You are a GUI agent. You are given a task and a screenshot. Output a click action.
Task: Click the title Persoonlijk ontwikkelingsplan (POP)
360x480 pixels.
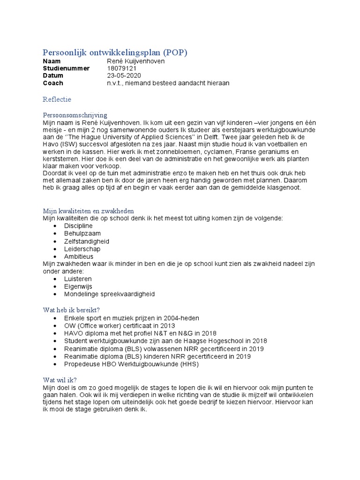(115, 52)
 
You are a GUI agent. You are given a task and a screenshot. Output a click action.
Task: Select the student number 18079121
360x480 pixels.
(122, 68)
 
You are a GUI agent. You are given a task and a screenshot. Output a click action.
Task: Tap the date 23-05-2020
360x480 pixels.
(124, 76)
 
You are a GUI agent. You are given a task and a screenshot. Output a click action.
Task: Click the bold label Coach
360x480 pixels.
(53, 83)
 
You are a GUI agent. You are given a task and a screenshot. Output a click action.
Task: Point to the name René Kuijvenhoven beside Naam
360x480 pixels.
(136, 61)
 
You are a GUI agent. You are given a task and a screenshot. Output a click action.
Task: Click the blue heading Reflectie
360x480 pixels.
(57, 99)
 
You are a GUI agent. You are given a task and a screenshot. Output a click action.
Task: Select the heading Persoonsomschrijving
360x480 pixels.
(75, 115)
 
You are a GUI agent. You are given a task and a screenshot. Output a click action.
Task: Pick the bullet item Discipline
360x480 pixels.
(78, 226)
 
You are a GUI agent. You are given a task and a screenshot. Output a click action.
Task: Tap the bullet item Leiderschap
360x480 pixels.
(82, 249)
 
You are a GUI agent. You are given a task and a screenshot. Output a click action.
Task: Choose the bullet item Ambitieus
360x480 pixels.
(79, 257)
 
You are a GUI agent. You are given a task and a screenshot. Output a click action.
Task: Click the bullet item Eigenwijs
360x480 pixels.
(78, 286)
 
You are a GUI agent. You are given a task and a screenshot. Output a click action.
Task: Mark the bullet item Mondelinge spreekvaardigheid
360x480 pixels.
(109, 294)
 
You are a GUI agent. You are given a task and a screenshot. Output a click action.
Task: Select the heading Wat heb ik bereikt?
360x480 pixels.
(71, 310)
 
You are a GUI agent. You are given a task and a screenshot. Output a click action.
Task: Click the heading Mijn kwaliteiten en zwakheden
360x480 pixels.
(89, 210)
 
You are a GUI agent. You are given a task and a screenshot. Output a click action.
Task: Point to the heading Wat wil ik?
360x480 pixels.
(60, 380)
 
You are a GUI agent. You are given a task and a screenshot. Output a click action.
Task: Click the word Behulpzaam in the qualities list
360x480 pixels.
(82, 233)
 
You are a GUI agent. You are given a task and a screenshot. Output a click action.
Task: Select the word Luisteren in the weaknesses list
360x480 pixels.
(78, 279)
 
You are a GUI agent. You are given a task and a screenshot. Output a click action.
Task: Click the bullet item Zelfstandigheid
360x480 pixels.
(87, 241)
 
